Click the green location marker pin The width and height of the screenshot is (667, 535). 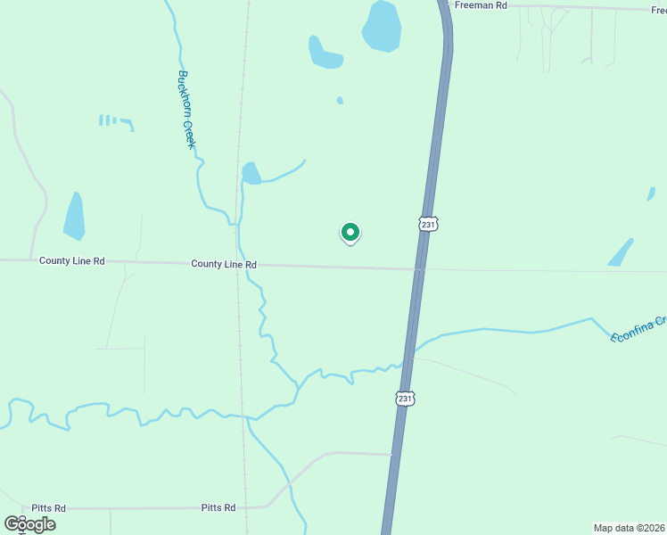tap(350, 233)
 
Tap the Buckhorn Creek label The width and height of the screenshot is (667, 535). tap(186, 109)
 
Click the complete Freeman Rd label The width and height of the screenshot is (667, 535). tap(481, 5)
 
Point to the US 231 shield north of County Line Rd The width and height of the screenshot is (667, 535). tap(429, 224)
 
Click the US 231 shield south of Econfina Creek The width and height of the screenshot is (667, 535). tap(405, 399)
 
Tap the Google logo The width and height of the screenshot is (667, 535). tap(30, 524)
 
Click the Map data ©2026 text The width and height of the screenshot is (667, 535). tap(630, 527)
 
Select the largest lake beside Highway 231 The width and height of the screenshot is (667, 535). tap(382, 26)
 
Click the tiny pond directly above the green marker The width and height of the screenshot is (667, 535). tap(340, 101)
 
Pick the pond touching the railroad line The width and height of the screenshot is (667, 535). tap(251, 173)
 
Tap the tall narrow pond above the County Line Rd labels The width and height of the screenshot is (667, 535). tap(75, 217)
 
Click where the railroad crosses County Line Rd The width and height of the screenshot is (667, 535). tap(237, 264)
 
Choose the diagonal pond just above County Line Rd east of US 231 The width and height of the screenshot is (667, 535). tap(621, 252)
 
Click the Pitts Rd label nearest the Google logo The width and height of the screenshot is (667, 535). tap(49, 508)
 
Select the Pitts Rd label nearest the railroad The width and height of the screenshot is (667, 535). tap(218, 507)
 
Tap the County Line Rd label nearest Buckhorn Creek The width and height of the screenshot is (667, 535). tap(224, 265)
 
